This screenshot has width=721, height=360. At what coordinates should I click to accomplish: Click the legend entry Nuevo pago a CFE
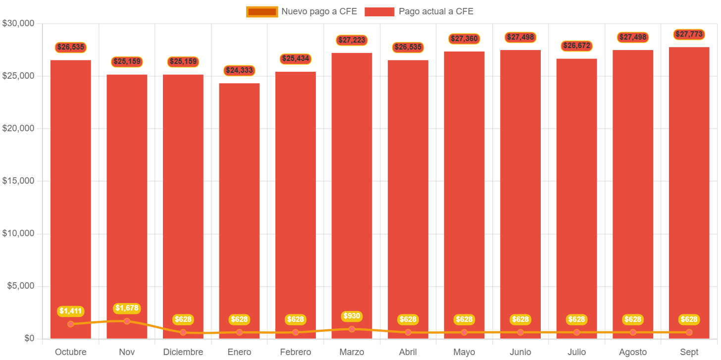click(302, 11)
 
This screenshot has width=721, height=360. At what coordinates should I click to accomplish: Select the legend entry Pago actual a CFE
click(419, 11)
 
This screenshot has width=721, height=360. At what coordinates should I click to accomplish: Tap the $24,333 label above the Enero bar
click(239, 70)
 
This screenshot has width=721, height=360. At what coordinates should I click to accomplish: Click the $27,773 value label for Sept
click(689, 34)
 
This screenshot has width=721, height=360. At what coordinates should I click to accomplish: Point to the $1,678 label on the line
click(127, 308)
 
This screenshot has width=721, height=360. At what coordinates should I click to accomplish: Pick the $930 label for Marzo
click(352, 316)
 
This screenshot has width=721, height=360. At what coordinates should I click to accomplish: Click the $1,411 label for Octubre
click(71, 311)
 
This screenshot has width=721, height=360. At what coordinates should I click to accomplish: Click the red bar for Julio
click(576, 198)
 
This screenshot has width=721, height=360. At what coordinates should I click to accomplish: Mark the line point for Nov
click(127, 321)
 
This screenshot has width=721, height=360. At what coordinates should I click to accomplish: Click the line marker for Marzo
click(352, 329)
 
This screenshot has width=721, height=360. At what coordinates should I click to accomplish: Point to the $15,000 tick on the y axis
click(18, 181)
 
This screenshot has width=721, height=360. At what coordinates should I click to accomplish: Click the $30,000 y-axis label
click(18, 23)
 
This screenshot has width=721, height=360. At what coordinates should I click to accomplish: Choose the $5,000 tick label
click(20, 286)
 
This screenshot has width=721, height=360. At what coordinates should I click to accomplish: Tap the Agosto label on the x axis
click(632, 352)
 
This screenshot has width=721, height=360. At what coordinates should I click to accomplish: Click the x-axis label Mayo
click(464, 352)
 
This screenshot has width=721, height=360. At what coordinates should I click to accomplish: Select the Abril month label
click(408, 352)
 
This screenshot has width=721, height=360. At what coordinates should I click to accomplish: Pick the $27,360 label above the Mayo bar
click(464, 38)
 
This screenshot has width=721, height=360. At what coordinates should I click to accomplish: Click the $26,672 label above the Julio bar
click(576, 46)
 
